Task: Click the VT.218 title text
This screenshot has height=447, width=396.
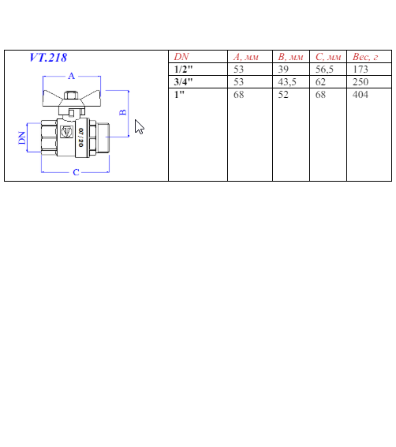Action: (x=48, y=58)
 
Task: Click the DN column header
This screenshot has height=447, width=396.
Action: (x=181, y=57)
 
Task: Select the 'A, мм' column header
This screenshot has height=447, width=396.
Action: (x=246, y=57)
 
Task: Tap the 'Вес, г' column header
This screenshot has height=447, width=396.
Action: (x=365, y=57)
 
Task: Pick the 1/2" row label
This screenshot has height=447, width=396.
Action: (x=183, y=69)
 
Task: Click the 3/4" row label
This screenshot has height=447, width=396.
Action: (x=183, y=82)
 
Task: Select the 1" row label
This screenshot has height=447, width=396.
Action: (x=179, y=94)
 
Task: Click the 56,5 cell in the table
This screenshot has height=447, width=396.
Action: (x=324, y=69)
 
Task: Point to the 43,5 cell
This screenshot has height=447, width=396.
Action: (x=287, y=82)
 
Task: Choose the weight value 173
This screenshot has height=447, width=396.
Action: (x=361, y=69)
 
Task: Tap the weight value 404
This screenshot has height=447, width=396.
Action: (x=361, y=94)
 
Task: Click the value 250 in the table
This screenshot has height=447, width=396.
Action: (x=361, y=82)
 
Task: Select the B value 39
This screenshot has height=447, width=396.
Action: (x=283, y=69)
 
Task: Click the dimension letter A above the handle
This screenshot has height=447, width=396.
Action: (x=72, y=76)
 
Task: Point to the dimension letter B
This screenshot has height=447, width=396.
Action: (x=123, y=112)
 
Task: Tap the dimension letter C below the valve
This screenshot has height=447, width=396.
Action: (x=76, y=172)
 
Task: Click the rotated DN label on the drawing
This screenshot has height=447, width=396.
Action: (x=22, y=137)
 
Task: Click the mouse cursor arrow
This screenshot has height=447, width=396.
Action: (x=139, y=127)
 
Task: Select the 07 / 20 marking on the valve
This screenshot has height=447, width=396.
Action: (x=80, y=137)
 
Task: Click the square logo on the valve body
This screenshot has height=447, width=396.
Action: (x=67, y=132)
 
